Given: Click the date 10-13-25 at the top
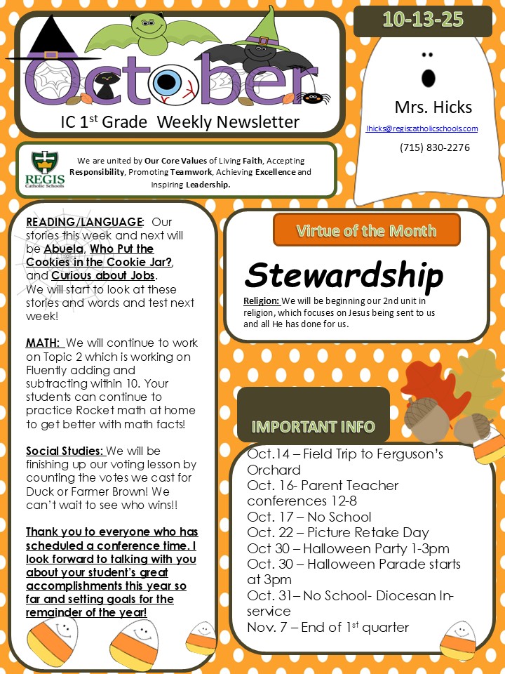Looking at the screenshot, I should click(423, 20).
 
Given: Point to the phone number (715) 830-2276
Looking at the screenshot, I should click(435, 147).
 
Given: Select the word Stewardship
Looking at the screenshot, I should click(344, 275).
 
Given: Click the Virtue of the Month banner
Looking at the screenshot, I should click(366, 230).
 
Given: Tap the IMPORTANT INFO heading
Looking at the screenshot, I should click(313, 426).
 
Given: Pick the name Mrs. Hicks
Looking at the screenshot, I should click(433, 107).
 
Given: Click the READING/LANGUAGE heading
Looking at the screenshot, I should click(84, 223).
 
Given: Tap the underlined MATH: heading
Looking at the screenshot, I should click(43, 343).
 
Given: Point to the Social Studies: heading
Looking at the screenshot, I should click(65, 451).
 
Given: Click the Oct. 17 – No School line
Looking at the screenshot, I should click(309, 517).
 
